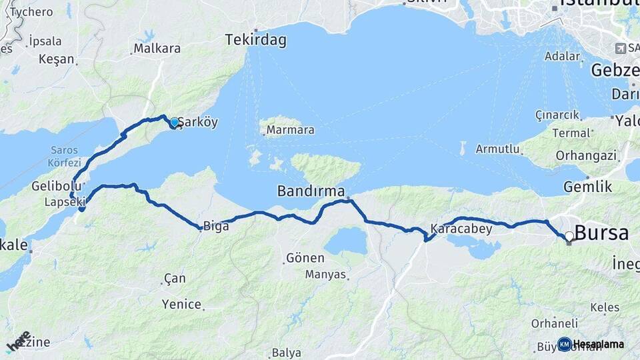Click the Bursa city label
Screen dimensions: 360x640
pyautogui.click(x=601, y=233)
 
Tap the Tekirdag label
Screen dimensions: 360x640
pyautogui.click(x=255, y=40)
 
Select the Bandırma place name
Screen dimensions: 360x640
pyautogui.click(x=311, y=192)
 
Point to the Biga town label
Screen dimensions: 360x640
pyautogui.click(x=216, y=227)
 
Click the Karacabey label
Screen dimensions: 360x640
pyautogui.click(x=461, y=229)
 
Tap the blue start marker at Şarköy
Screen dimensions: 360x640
pyautogui.click(x=174, y=123)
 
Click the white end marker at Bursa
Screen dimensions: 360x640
pyautogui.click(x=569, y=236)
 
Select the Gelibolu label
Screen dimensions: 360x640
pyautogui.click(x=56, y=186)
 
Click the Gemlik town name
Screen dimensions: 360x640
pyautogui.click(x=587, y=187)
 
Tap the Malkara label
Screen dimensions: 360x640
pyautogui.click(x=157, y=48)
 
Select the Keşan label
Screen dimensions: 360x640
pyautogui.click(x=57, y=59)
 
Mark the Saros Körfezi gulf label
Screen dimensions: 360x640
pyautogui.click(x=64, y=157)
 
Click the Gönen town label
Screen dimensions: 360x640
pyautogui.click(x=305, y=258)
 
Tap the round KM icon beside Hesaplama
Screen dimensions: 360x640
pyautogui.click(x=564, y=344)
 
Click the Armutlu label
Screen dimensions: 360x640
pyautogui.click(x=497, y=149)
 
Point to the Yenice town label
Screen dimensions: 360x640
pyautogui.click(x=181, y=305)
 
